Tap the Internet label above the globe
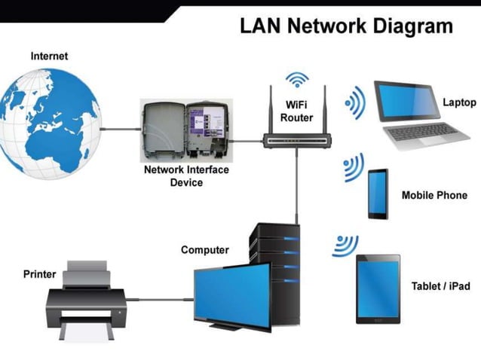coord(49,56)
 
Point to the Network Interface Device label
coord(185,175)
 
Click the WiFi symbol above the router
coord(298,79)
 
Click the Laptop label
coord(459,102)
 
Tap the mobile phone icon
coord(378,194)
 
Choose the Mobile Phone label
coord(434,195)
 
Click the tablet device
coord(378,288)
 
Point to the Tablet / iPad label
coord(441,286)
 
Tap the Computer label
coord(205,250)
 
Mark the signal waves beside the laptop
coord(355,102)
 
